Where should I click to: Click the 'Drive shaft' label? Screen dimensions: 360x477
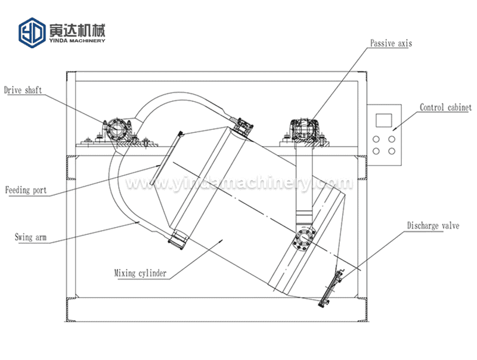23,91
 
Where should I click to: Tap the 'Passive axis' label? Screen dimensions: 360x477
391,44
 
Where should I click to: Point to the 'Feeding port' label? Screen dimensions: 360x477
26,191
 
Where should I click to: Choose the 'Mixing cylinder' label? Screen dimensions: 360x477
140,274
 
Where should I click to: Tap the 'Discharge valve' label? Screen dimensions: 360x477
433,226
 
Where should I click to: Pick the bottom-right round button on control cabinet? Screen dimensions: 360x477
392,151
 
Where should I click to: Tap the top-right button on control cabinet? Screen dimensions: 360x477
392,138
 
